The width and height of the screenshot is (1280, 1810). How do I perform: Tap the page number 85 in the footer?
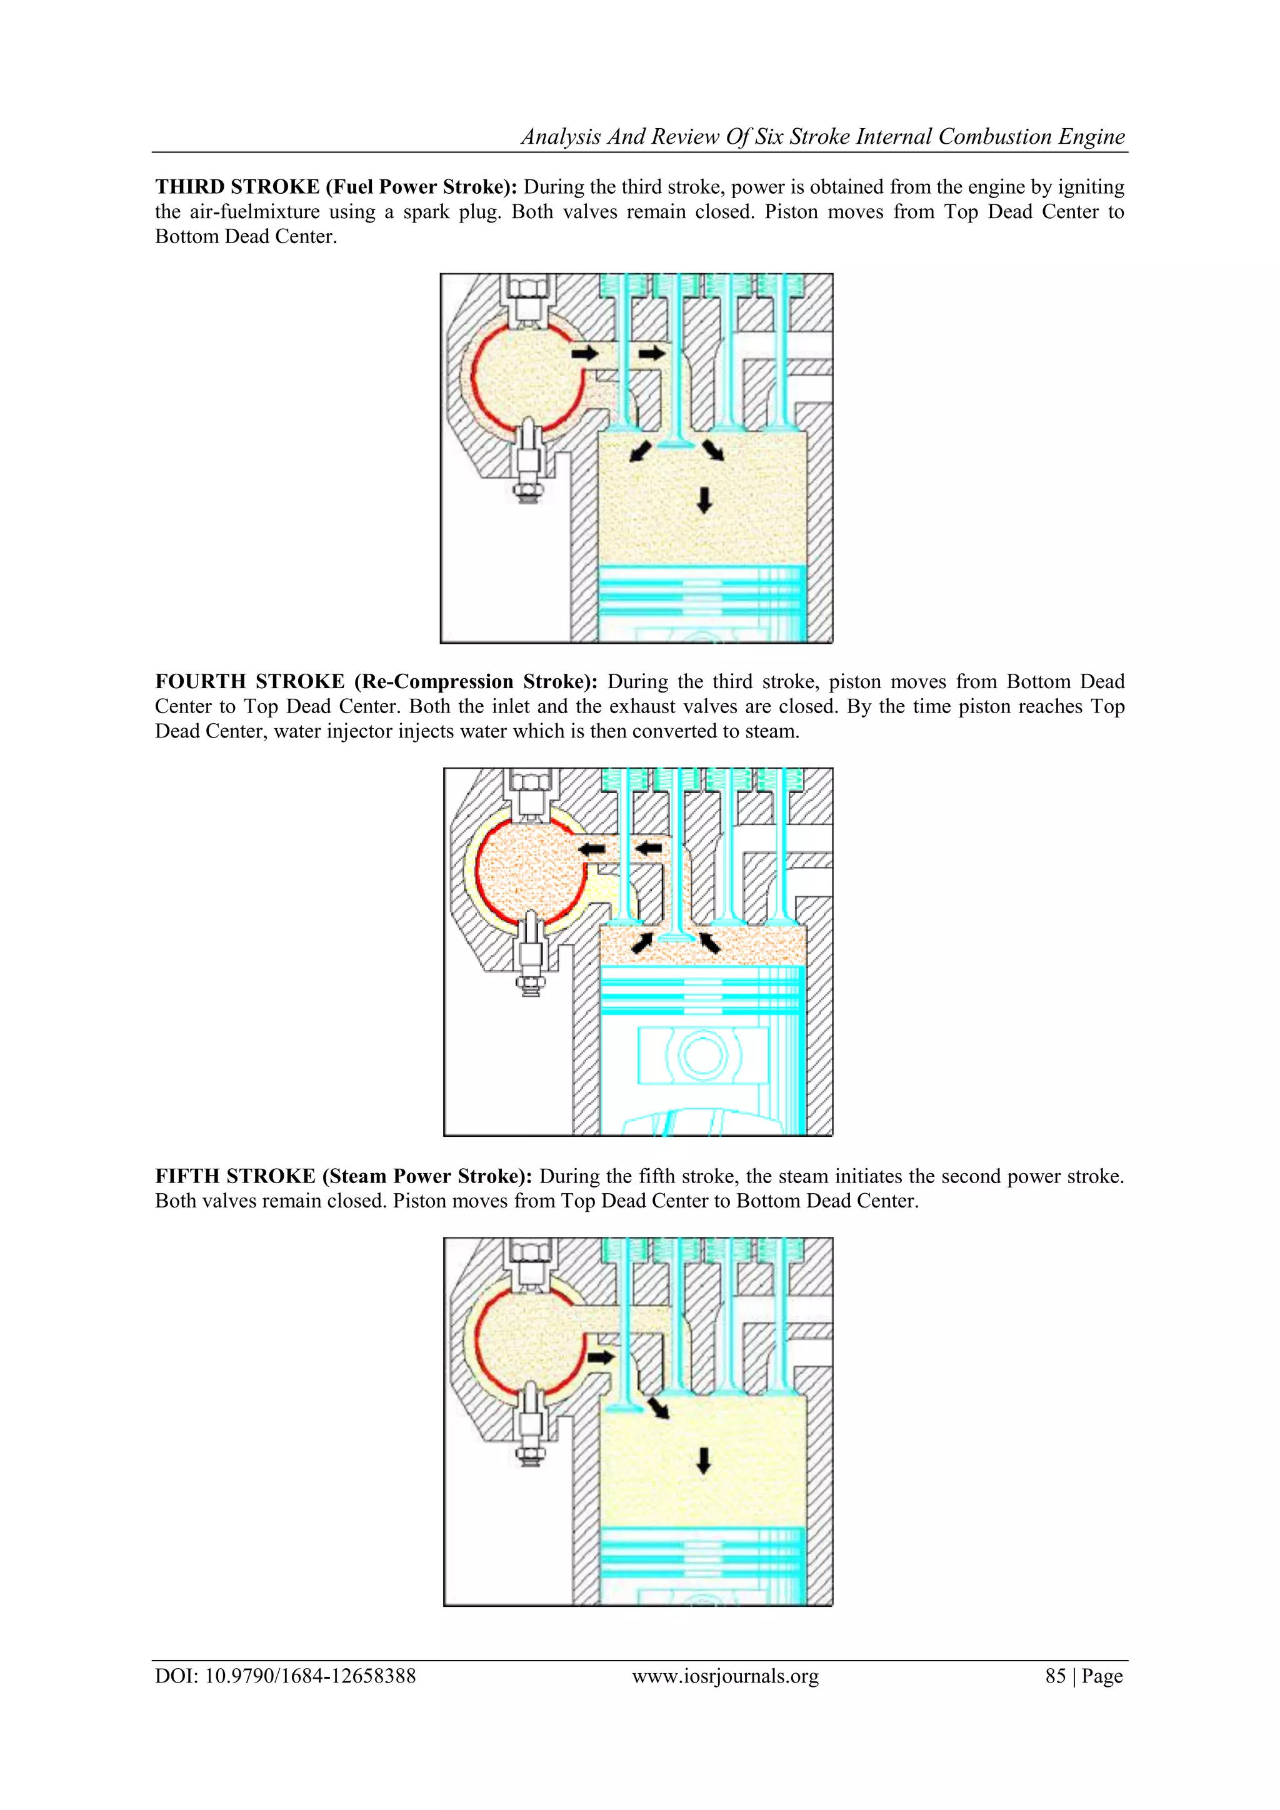pos(1056,1676)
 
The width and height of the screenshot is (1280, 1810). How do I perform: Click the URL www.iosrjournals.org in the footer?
pos(725,1676)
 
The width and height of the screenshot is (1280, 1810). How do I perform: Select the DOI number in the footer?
pos(310,1676)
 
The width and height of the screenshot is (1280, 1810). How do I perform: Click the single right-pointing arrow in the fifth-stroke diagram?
pos(601,1357)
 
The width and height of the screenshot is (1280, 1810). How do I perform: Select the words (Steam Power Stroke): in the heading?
pos(427,1176)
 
